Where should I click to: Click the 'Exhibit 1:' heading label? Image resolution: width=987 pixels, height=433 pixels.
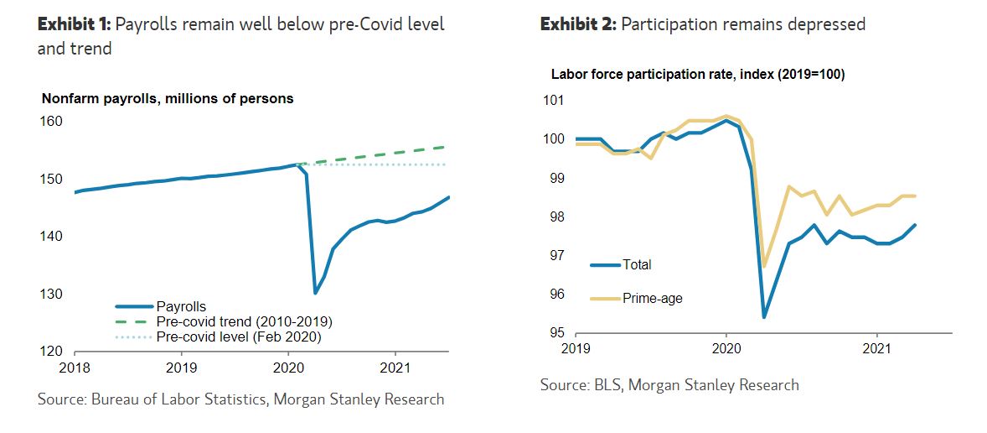click(x=73, y=23)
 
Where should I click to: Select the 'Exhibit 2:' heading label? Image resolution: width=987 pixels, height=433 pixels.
click(x=576, y=23)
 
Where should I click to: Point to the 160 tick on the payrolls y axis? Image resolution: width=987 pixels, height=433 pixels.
click(x=52, y=122)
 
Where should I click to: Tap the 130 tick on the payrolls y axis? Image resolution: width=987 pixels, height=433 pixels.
click(x=52, y=295)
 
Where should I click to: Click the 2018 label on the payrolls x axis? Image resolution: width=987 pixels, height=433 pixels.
click(x=75, y=368)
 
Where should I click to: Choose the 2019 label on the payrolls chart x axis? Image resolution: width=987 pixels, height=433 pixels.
click(x=182, y=368)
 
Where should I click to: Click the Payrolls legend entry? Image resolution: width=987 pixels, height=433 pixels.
click(x=181, y=307)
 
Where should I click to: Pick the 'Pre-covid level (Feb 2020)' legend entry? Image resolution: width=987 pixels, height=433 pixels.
click(x=239, y=336)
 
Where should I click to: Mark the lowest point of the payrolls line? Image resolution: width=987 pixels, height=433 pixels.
click(x=315, y=293)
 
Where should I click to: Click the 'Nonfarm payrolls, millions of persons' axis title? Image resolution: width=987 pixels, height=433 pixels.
click(x=168, y=98)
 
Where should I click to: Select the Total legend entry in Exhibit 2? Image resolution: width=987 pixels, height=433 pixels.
click(x=636, y=264)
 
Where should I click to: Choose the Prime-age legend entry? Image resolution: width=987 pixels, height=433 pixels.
click(x=652, y=298)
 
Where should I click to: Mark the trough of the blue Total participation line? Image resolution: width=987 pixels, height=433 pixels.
click(x=764, y=317)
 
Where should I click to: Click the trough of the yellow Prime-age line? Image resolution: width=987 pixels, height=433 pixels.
click(x=764, y=266)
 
